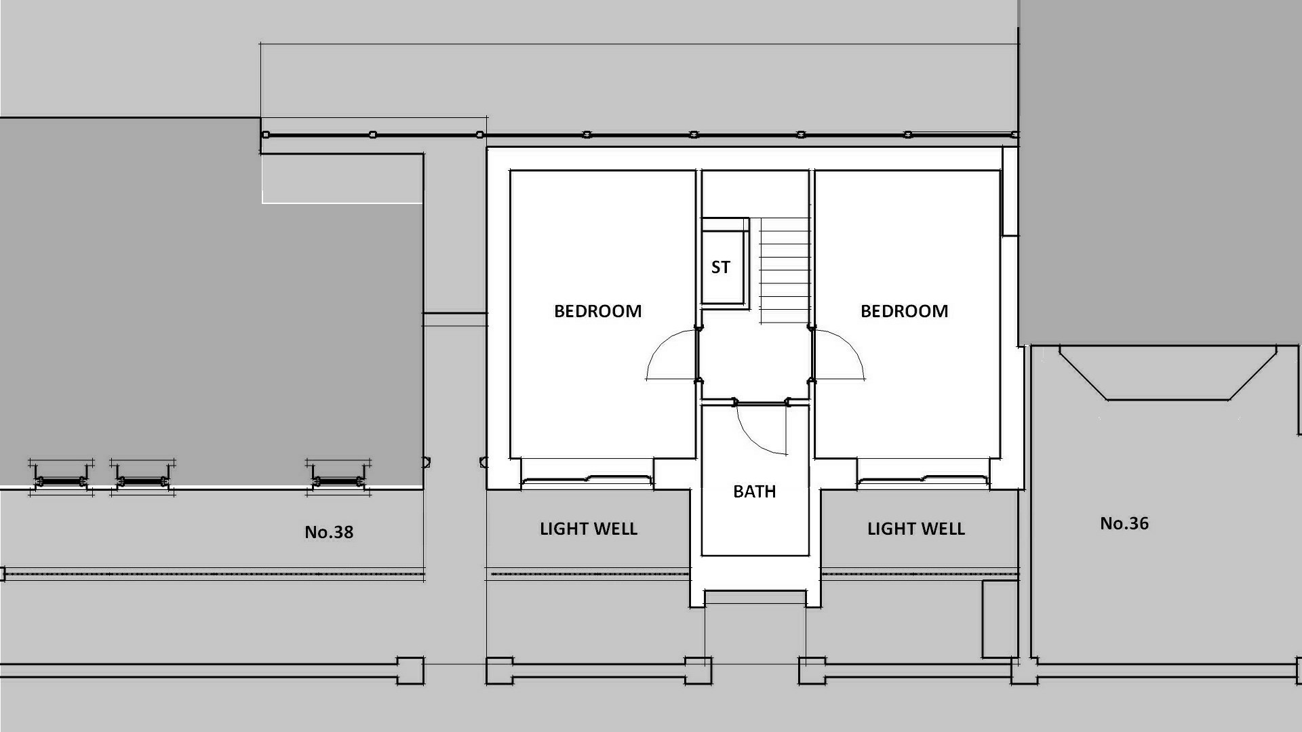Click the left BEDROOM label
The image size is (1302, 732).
click(x=597, y=311)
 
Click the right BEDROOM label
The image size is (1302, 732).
click(x=904, y=311)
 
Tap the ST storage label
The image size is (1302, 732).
click(x=720, y=268)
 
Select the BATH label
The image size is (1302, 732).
click(x=754, y=491)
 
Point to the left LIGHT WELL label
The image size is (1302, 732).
click(x=589, y=529)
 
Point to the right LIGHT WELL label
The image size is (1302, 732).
click(x=916, y=529)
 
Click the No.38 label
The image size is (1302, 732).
click(x=329, y=532)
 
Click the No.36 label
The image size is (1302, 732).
click(x=1124, y=523)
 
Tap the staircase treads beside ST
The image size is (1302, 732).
click(x=785, y=270)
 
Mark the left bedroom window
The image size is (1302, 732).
click(x=587, y=481)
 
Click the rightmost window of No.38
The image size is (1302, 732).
click(x=338, y=479)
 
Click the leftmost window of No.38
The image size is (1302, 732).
click(x=61, y=479)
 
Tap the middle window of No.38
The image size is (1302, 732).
click(x=142, y=479)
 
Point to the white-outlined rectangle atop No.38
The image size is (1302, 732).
click(x=342, y=178)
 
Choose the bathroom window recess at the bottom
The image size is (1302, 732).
click(x=755, y=598)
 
